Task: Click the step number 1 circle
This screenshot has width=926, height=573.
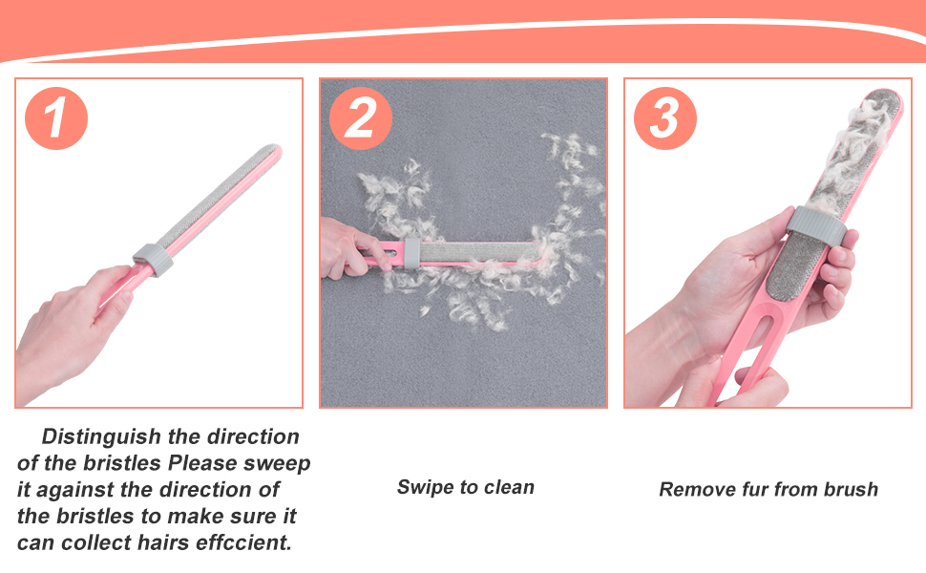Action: [56, 118]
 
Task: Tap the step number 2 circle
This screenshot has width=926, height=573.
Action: [360, 118]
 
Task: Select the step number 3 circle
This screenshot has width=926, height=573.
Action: [665, 118]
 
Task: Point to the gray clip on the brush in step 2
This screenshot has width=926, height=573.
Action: [411, 253]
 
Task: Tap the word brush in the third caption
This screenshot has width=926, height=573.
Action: [851, 489]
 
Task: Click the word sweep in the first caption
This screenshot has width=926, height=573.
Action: [277, 464]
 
